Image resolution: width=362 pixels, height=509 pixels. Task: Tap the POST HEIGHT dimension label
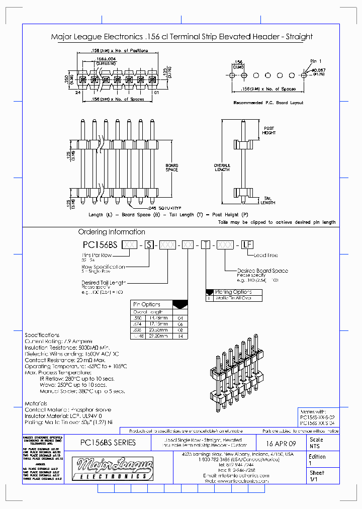pyautogui.click(x=269, y=130)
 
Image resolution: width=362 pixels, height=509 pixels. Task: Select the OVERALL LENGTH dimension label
pyautogui.click(x=222, y=167)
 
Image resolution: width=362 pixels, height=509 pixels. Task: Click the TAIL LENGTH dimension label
pyautogui.click(x=268, y=201)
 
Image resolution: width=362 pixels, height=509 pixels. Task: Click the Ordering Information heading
pyautogui.click(x=112, y=232)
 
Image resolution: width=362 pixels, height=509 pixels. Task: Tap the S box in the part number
pyautogui.click(x=149, y=245)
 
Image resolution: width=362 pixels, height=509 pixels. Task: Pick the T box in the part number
pyautogui.click(x=206, y=245)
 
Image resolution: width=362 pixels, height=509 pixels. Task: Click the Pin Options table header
pyautogui.click(x=146, y=304)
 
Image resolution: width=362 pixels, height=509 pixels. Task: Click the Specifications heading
pyautogui.click(x=42, y=335)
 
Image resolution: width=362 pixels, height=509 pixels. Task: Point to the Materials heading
pyautogui.click(x=36, y=403)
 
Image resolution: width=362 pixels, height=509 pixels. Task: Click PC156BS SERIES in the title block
pyautogui.click(x=108, y=443)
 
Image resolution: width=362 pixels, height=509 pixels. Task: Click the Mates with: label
pyautogui.click(x=313, y=411)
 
